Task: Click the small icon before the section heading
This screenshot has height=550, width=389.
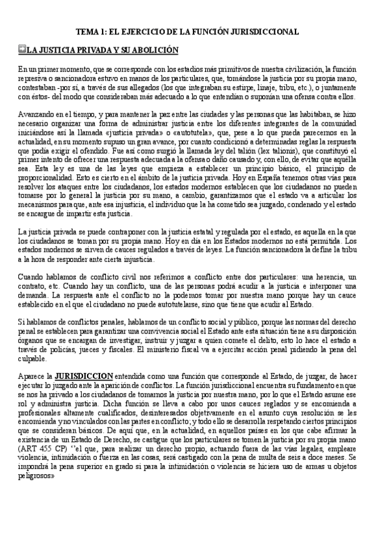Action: (x=22, y=49)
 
